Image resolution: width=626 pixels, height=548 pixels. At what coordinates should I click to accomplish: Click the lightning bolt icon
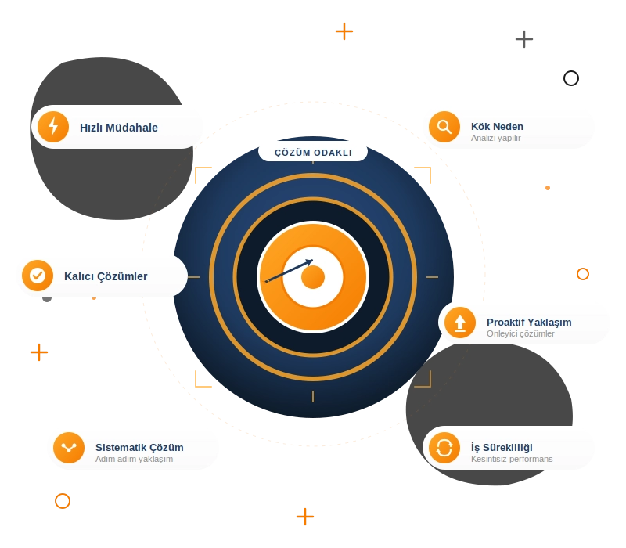53,127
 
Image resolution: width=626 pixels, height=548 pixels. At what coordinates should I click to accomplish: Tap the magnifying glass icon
444,127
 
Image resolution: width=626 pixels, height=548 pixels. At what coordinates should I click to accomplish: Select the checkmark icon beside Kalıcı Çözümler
38,276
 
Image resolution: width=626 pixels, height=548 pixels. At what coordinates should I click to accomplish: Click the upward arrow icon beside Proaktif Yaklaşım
460,323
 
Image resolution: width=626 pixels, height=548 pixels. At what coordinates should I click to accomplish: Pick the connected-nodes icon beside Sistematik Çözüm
69,448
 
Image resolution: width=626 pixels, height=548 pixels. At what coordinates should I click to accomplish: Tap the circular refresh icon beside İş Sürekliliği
444,448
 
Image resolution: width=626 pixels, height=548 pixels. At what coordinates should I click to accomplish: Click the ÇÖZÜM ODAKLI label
313,153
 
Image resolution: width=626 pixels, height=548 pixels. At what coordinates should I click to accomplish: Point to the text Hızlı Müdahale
119,128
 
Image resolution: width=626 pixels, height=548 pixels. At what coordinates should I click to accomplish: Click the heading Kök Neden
497,127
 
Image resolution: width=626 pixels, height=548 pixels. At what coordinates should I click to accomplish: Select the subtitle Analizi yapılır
495,138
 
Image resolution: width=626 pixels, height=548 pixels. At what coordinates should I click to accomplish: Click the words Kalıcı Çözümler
106,276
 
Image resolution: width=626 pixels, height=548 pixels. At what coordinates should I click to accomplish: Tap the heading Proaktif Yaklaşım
529,323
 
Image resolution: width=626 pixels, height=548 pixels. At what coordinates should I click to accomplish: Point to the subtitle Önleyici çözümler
520,333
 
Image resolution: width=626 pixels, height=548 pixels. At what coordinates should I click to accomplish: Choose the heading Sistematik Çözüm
139,447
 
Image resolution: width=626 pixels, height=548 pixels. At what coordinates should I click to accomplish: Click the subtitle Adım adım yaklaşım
134,459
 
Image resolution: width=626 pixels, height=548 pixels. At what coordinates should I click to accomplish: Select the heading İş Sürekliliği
502,447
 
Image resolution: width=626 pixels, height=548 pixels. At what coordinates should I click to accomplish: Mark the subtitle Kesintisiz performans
512,459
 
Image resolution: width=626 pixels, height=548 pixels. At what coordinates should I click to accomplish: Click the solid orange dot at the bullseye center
313,277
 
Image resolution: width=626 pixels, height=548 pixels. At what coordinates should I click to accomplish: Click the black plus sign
524,39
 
